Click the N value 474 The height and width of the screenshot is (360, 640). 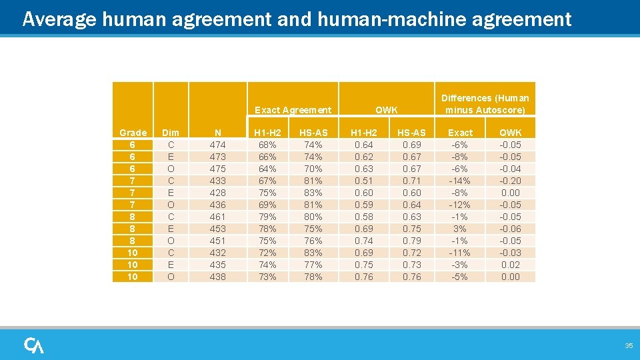(217, 145)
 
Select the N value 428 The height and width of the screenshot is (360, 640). (217, 193)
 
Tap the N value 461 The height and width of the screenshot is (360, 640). (217, 217)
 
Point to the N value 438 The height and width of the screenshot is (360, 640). (217, 277)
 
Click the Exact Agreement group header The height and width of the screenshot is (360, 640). (293, 110)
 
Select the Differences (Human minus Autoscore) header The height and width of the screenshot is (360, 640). (485, 104)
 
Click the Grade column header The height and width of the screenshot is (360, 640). (133, 133)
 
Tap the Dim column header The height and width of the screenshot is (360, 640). (171, 133)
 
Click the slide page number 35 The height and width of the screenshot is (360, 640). (628, 345)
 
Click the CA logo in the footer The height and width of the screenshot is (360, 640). (34, 345)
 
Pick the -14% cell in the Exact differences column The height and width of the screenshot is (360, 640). (460, 181)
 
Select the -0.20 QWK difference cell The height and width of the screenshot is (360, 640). (510, 181)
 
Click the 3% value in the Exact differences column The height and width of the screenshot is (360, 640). (460, 229)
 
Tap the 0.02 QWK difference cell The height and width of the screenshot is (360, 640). (510, 265)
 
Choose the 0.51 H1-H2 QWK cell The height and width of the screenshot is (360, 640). (364, 181)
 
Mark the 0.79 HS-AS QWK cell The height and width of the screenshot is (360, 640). (412, 241)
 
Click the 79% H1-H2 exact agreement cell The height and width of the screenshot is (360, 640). (267, 217)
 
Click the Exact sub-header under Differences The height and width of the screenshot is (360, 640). (460, 133)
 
